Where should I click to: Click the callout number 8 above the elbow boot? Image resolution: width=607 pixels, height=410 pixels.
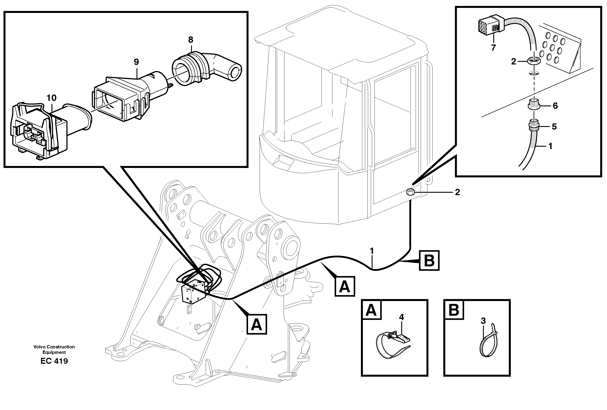tap(190, 40)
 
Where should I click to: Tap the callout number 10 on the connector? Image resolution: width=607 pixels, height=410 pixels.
tap(51, 98)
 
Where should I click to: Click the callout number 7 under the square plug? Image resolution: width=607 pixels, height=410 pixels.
tap(493, 48)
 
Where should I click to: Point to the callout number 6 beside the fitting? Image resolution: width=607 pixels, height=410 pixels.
tap(555, 106)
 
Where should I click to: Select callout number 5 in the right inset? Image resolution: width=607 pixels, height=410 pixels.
tap(554, 127)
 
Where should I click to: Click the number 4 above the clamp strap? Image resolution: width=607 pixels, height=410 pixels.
tap(401, 317)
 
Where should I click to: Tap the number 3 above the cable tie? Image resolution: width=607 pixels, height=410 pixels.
tap(483, 321)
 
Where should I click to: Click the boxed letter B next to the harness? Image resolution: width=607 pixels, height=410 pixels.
tap(429, 260)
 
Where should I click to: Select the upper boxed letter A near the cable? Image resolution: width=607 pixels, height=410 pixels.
tap(344, 287)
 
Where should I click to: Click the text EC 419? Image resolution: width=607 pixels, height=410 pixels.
tap(54, 361)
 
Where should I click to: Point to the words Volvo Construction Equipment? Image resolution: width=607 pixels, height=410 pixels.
tap(54, 349)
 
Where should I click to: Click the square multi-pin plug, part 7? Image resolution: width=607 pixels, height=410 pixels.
tap(488, 26)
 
